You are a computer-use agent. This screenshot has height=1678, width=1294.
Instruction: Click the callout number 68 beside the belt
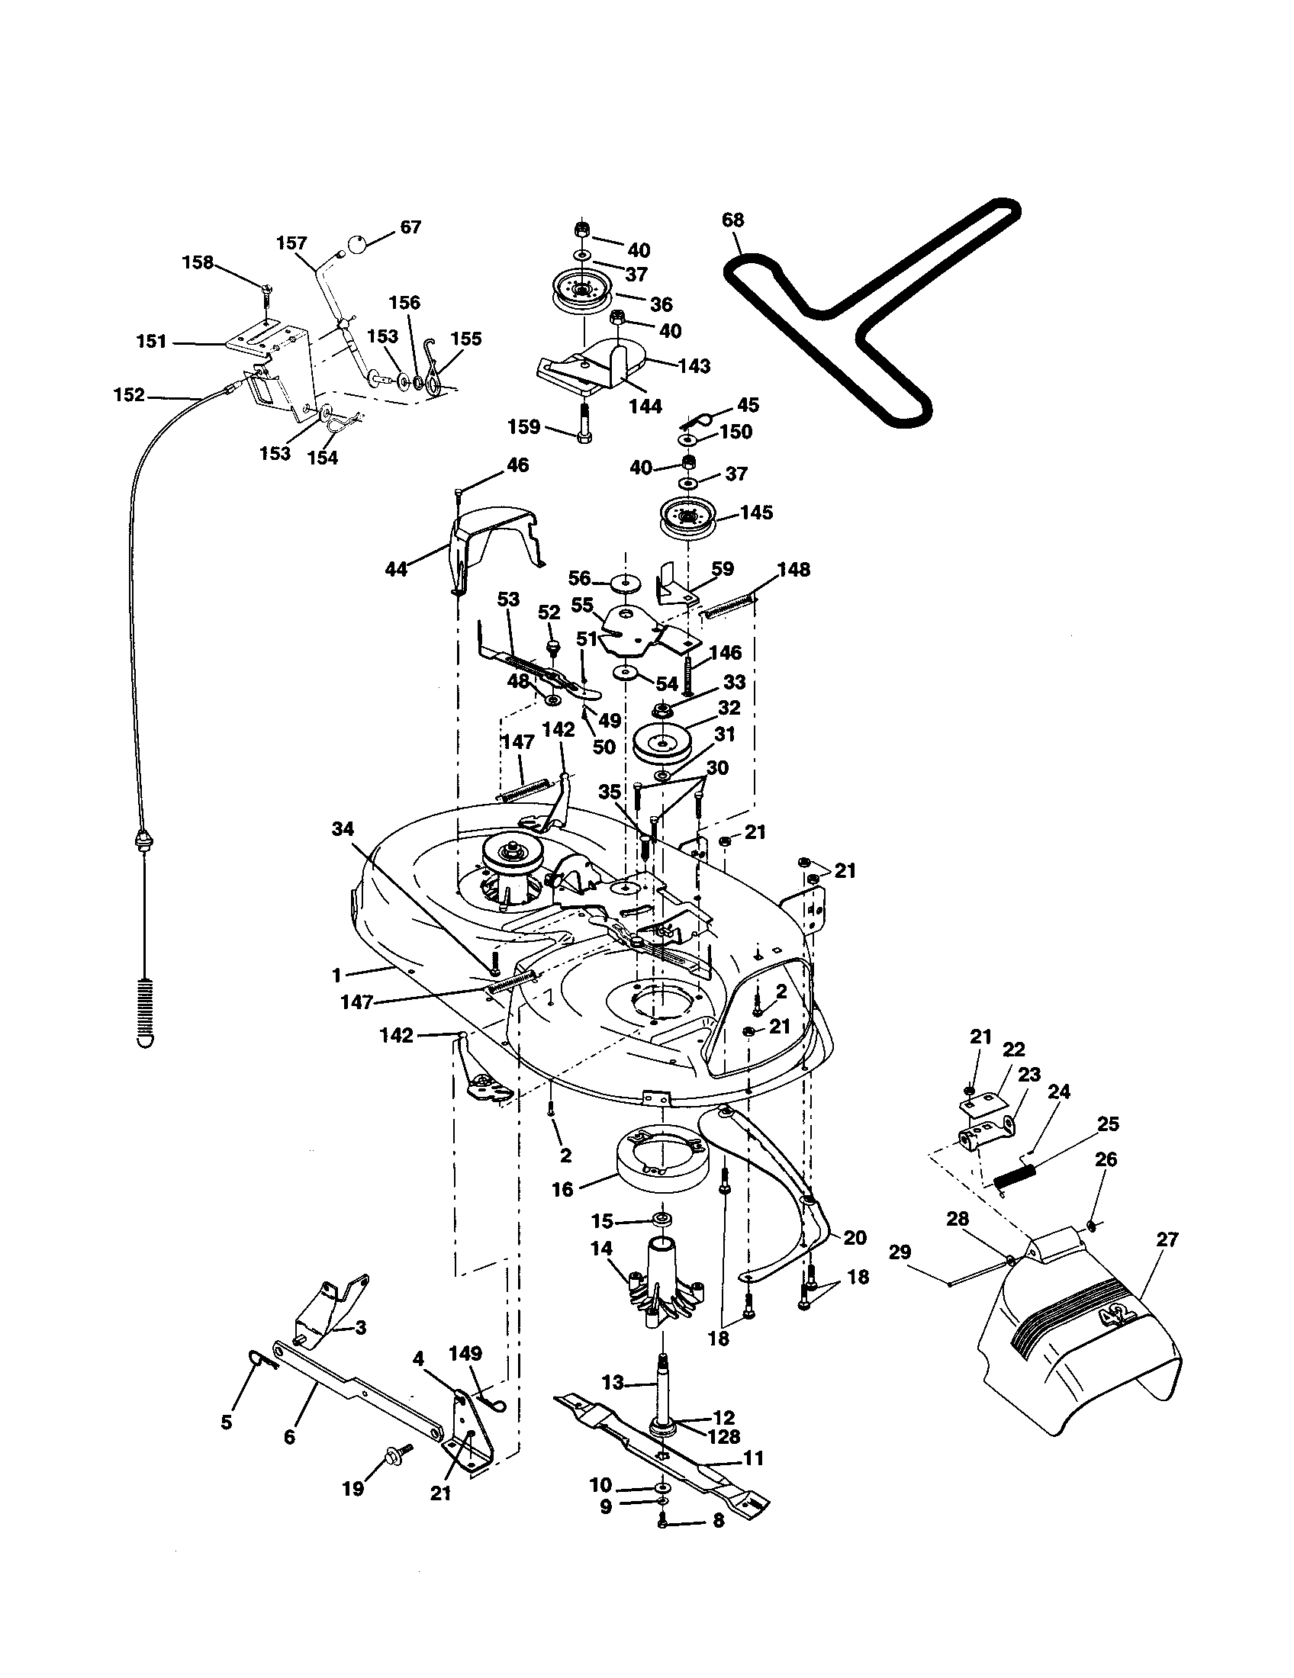click(x=733, y=220)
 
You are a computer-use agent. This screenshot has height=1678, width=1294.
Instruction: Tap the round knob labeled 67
click(x=356, y=244)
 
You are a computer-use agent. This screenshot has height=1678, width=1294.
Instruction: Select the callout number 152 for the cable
click(x=128, y=395)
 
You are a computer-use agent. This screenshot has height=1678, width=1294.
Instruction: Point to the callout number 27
click(x=1167, y=1239)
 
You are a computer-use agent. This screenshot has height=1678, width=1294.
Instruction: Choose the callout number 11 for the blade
click(x=754, y=1458)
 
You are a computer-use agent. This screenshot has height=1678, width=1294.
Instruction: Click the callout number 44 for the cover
click(x=396, y=569)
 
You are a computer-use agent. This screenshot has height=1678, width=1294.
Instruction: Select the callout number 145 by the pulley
click(x=756, y=513)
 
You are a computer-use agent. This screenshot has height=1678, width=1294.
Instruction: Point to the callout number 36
click(x=661, y=304)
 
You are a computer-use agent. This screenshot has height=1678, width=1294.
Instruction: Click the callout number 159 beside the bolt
click(x=525, y=426)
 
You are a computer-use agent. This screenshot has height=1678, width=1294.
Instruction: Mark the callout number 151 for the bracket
click(x=151, y=341)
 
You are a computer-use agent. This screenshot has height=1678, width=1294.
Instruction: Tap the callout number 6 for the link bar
click(x=290, y=1436)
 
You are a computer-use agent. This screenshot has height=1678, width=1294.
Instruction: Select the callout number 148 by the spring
click(x=793, y=569)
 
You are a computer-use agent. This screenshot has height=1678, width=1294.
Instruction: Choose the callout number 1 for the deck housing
click(x=336, y=975)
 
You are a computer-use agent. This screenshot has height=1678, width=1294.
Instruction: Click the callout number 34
click(x=343, y=828)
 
